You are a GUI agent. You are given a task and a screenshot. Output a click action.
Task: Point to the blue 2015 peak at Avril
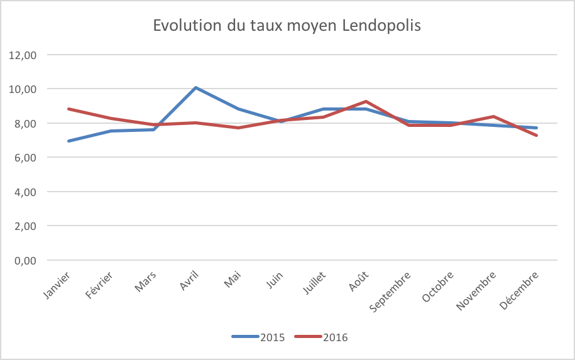point(196,87)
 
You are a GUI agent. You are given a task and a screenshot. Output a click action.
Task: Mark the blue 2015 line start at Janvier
point(68,141)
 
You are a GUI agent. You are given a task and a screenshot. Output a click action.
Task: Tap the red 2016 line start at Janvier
point(68,109)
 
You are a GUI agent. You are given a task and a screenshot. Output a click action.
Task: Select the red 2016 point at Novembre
point(494,116)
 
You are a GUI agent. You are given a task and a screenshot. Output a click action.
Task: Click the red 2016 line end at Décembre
point(537,136)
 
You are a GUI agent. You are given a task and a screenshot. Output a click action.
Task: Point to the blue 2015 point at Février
point(111,131)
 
